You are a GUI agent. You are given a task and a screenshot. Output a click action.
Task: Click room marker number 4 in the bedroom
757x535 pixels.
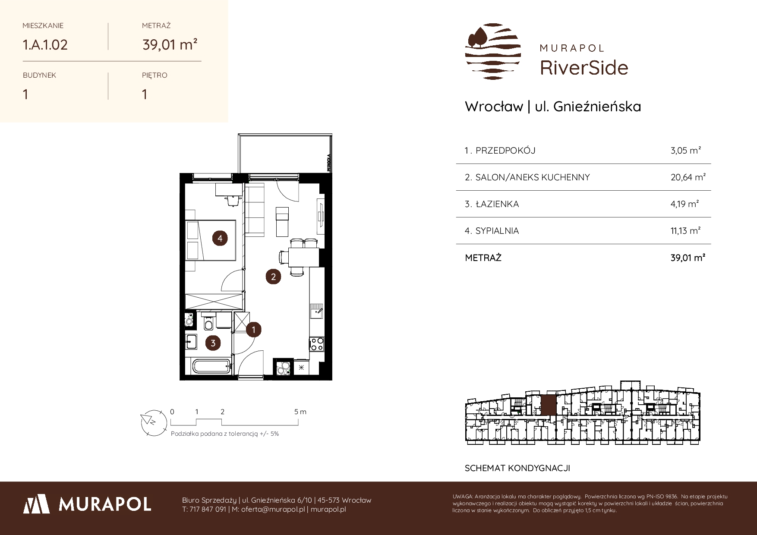(220, 238)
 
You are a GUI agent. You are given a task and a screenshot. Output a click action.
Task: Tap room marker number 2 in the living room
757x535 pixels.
(273, 277)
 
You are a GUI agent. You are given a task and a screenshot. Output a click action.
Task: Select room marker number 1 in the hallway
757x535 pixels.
(254, 330)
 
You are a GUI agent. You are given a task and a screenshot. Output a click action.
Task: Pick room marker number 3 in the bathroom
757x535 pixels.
(213, 343)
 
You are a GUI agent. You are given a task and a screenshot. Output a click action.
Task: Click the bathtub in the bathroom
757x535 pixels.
(211, 368)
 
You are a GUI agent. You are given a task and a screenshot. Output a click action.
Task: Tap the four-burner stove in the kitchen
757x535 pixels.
(317, 344)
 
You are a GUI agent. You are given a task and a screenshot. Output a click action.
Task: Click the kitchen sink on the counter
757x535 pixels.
(316, 311)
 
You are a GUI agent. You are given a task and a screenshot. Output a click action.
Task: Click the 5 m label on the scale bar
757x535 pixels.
(300, 412)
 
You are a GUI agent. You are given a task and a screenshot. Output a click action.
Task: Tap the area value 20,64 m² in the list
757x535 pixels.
(688, 177)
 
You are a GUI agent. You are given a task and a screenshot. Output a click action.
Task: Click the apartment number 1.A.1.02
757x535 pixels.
(45, 44)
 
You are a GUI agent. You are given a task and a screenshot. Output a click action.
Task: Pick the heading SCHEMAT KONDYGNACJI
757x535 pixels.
(517, 468)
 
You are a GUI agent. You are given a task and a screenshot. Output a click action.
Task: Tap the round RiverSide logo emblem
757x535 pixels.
(493, 51)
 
